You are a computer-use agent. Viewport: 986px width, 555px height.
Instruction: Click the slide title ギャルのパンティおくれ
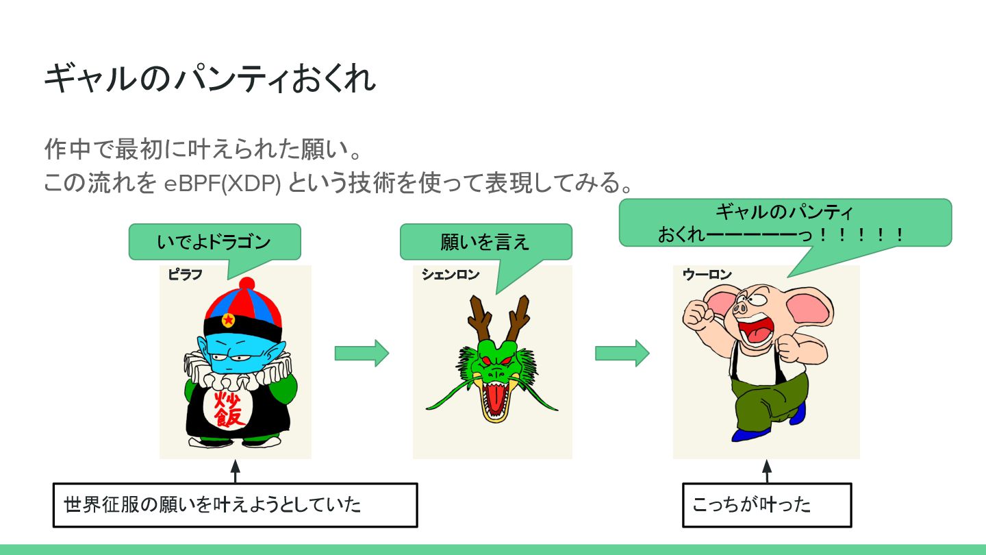(210, 79)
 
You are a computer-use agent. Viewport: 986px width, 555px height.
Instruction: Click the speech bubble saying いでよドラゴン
(214, 242)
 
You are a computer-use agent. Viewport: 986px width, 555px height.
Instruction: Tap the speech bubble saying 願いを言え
(485, 242)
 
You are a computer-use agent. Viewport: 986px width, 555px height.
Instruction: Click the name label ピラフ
(185, 275)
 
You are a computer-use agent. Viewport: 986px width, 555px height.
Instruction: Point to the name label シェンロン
(450, 275)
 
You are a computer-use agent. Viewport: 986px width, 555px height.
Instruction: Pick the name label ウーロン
(707, 275)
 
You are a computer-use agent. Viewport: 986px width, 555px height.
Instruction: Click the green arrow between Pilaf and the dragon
(362, 353)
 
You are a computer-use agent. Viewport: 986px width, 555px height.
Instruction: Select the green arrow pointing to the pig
(622, 353)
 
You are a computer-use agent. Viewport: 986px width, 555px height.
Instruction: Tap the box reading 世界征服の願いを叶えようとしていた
(235, 505)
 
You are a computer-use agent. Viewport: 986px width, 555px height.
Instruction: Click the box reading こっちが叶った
(766, 505)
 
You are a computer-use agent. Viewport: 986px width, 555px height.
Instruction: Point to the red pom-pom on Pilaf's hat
(246, 284)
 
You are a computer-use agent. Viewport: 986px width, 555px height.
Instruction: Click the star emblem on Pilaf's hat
(229, 320)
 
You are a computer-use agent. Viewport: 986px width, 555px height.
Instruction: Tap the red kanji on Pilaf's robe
(229, 409)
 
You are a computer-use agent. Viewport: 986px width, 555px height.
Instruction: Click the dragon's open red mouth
(494, 397)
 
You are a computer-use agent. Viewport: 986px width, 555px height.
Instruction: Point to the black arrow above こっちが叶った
(766, 471)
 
